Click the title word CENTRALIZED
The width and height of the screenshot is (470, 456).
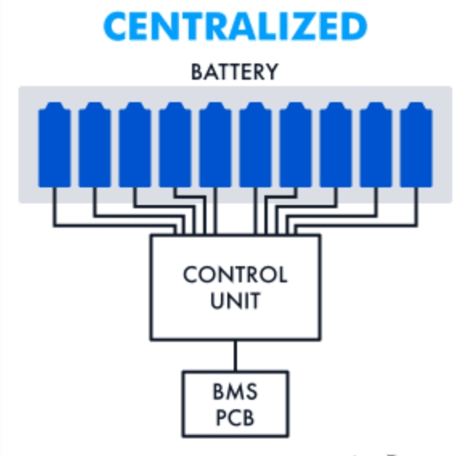pos(235,27)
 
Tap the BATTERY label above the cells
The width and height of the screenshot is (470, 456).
pos(235,72)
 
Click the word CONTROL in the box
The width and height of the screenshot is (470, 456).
pos(235,275)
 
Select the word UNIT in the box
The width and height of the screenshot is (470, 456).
pos(235,302)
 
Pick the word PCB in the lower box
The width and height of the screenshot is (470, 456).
pos(235,418)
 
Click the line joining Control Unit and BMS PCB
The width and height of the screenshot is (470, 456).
pos(235,355)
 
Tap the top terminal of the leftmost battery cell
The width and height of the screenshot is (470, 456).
pos(55,105)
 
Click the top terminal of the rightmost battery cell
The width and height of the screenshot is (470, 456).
pos(416,105)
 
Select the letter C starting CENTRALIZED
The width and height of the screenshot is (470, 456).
pos(118,27)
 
